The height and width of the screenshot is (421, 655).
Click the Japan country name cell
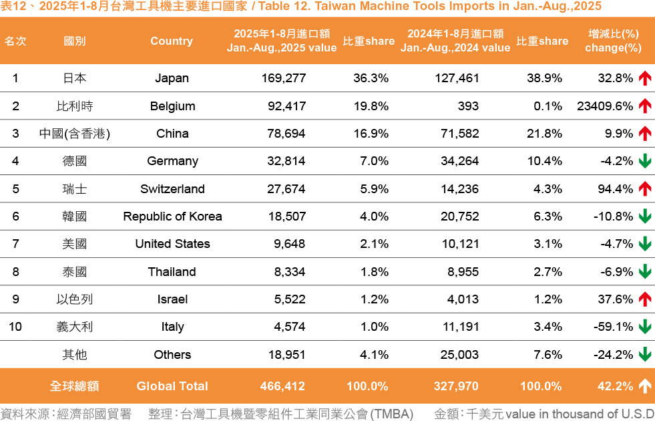click(172, 78)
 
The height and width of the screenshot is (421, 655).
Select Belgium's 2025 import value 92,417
click(283, 106)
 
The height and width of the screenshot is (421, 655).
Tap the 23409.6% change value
click(604, 106)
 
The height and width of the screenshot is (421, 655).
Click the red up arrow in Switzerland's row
click(644, 189)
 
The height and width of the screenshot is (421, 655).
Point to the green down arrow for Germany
click(644, 161)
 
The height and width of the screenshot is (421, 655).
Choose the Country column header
click(172, 41)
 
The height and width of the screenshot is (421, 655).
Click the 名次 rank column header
click(15, 41)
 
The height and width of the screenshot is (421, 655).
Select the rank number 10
click(15, 327)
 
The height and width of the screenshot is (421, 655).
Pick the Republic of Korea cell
click(172, 217)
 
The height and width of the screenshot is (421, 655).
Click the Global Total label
click(172, 386)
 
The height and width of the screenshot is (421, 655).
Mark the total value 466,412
click(283, 386)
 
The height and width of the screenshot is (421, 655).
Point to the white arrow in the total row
click(644, 386)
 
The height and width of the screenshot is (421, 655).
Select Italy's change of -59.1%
click(613, 327)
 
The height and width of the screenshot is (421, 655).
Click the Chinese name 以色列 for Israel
click(75, 299)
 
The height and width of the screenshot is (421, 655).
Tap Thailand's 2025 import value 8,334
click(289, 272)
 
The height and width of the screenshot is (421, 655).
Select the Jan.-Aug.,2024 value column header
click(455, 41)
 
